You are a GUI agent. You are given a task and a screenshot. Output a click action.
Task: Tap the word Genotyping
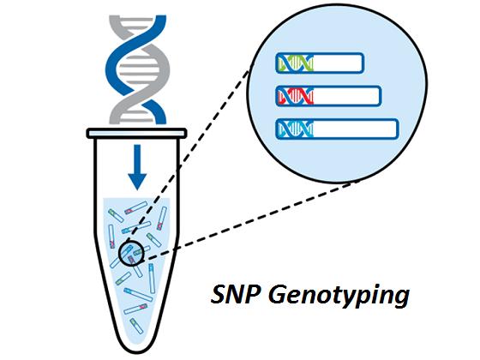(339, 297)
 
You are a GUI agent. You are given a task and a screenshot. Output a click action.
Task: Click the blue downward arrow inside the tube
(137, 167)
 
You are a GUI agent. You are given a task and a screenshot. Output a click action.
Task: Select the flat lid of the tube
(136, 134)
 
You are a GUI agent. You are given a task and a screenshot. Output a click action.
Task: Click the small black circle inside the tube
(131, 253)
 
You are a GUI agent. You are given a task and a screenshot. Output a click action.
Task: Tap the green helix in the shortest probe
(296, 63)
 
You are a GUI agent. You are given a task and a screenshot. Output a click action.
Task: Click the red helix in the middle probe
(296, 96)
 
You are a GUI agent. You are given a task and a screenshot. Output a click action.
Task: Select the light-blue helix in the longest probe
(296, 129)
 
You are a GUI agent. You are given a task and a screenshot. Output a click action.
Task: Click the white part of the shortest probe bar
(338, 63)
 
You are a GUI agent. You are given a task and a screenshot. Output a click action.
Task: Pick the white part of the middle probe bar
(346, 96)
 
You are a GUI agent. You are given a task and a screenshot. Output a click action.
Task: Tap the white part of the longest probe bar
(355, 129)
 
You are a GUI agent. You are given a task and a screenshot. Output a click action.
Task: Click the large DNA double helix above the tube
(137, 69)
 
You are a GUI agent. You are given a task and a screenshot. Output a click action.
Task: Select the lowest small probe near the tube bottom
(136, 326)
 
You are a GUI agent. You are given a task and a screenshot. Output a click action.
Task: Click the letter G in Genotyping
(278, 294)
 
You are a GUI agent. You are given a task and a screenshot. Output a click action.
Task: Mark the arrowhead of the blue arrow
(137, 181)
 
